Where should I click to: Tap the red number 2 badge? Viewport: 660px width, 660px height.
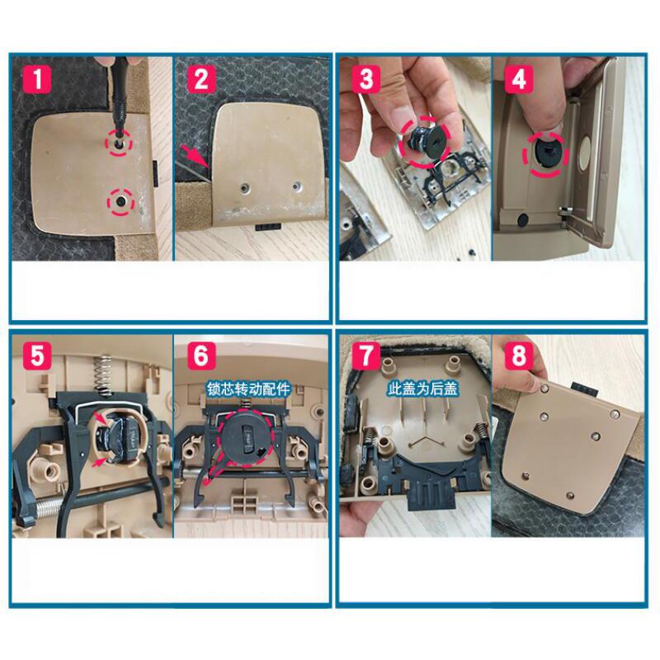200,81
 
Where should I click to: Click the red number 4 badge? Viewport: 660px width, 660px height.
518,81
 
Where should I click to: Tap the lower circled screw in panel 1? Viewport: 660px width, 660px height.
120,200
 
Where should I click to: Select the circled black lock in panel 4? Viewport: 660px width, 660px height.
547,153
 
